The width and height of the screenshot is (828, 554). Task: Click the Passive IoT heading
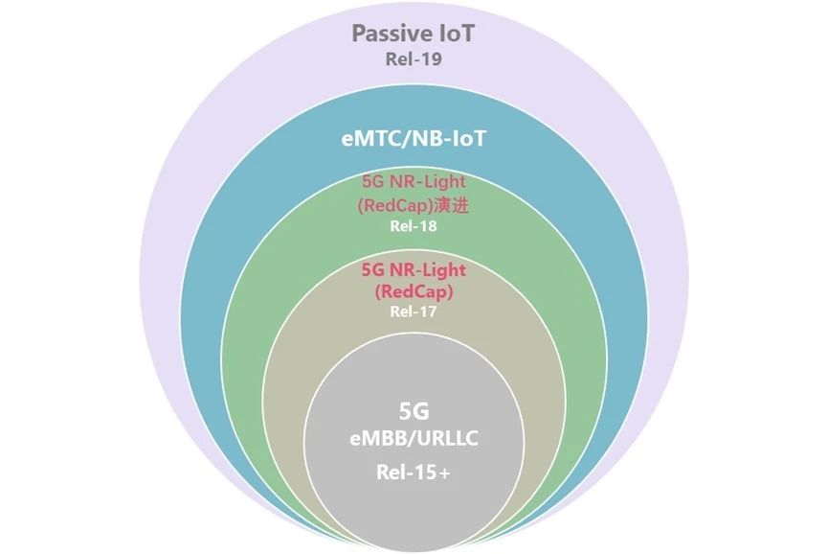414,34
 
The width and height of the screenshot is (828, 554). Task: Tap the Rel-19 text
414,58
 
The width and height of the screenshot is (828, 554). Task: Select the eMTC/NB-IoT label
414,138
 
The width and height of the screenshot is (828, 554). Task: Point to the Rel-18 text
414,226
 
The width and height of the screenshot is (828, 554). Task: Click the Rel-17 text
414,312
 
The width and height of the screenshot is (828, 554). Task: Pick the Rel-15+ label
414,473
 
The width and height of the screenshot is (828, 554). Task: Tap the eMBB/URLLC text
414,439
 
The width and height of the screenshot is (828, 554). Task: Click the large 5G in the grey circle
414,411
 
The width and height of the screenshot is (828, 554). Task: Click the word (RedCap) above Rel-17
414,291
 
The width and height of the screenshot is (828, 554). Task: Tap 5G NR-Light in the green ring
414,181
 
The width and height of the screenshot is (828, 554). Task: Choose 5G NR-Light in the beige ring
414,270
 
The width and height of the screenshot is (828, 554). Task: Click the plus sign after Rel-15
444,473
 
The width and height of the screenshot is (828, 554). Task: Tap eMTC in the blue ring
369,138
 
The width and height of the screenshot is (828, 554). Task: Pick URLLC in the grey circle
448,439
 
